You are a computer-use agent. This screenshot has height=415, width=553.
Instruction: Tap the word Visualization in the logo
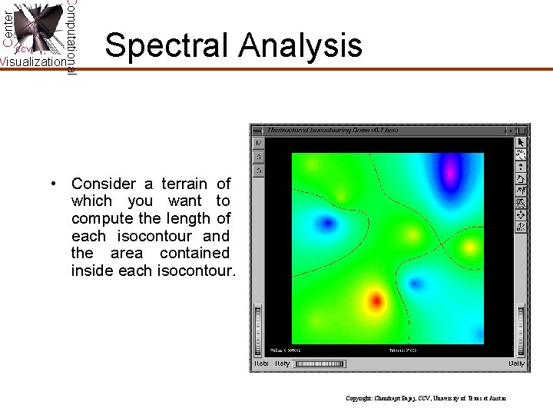[33, 62]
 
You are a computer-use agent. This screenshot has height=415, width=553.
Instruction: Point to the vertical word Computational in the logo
[71, 36]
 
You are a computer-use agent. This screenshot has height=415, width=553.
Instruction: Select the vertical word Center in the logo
[7, 26]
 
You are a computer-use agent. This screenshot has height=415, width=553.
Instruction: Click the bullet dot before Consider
[54, 184]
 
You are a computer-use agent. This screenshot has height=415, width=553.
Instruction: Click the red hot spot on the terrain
[376, 300]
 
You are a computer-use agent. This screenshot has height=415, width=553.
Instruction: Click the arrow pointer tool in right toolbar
[521, 142]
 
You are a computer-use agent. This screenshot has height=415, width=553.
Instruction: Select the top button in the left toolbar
[259, 143]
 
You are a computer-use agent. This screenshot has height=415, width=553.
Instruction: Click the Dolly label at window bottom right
[516, 364]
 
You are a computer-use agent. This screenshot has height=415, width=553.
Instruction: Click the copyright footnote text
[426, 398]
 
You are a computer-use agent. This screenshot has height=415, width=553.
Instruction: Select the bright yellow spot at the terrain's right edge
[470, 247]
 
